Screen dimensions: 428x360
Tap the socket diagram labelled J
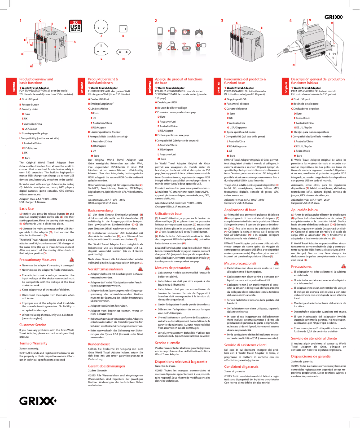(103, 26)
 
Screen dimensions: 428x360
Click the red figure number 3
(222, 21)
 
